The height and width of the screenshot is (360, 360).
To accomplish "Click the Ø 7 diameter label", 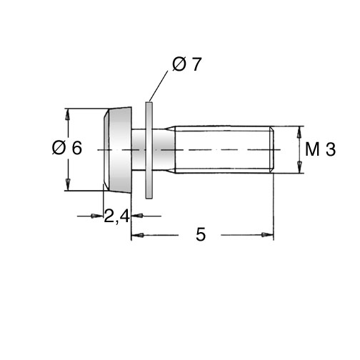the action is (x=187, y=64).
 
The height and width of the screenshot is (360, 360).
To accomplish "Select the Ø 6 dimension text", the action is (x=67, y=148).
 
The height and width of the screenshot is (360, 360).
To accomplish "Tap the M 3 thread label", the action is (x=320, y=149).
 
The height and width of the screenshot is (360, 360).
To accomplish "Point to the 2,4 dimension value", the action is (x=117, y=216).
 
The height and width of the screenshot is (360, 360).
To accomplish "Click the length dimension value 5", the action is (x=201, y=234).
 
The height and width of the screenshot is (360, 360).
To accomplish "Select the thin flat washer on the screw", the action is (x=149, y=150).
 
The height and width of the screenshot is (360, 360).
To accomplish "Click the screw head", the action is (x=117, y=149).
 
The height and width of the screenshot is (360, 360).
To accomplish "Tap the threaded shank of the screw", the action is (x=224, y=149).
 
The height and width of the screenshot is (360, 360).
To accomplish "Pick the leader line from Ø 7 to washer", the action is (x=159, y=86).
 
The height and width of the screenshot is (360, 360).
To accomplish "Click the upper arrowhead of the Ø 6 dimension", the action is (x=68, y=115).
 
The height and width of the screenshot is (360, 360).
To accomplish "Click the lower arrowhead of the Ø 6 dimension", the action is (x=68, y=184).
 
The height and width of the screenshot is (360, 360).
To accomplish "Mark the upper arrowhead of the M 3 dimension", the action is (x=300, y=132).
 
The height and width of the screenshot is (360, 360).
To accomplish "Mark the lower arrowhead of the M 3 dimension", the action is (x=300, y=167).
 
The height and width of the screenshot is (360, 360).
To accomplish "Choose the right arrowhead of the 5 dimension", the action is (x=267, y=235).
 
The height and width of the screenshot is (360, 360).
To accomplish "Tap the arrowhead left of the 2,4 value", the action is (x=97, y=216).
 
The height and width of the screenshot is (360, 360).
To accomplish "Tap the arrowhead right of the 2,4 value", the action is (x=138, y=216).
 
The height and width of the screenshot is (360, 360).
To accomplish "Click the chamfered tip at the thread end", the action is (x=272, y=149).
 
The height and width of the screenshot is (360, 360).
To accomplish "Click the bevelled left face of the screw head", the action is (x=106, y=150).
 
